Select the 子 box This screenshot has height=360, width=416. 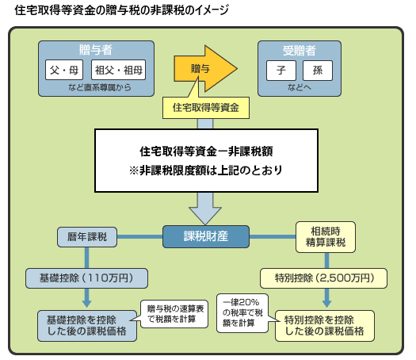(x=281, y=70)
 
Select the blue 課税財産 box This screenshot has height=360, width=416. (x=206, y=236)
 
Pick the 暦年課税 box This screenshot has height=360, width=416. (x=87, y=236)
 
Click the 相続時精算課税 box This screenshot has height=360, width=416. (x=325, y=236)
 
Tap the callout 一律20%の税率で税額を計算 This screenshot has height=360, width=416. (x=246, y=312)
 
